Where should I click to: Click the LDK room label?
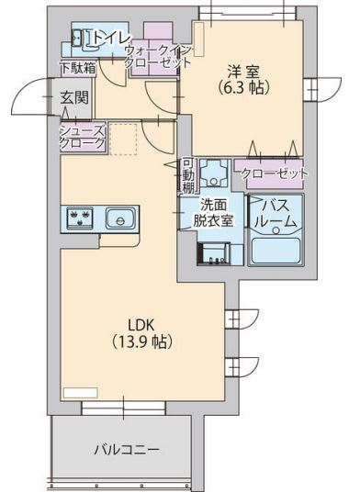[x=140, y=325]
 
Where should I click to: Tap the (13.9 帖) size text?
[x=140, y=341]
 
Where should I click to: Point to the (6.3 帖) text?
[x=242, y=90]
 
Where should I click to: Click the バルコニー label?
[x=127, y=450]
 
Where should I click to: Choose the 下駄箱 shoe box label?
[x=77, y=67]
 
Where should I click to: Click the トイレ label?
[x=111, y=38]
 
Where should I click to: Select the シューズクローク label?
[x=83, y=137]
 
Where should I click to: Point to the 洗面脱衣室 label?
[x=212, y=212]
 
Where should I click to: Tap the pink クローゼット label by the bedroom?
[x=272, y=172]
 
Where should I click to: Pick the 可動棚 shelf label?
[x=186, y=173]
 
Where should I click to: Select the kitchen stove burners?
[x=77, y=218]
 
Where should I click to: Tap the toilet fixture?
[x=76, y=38]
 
